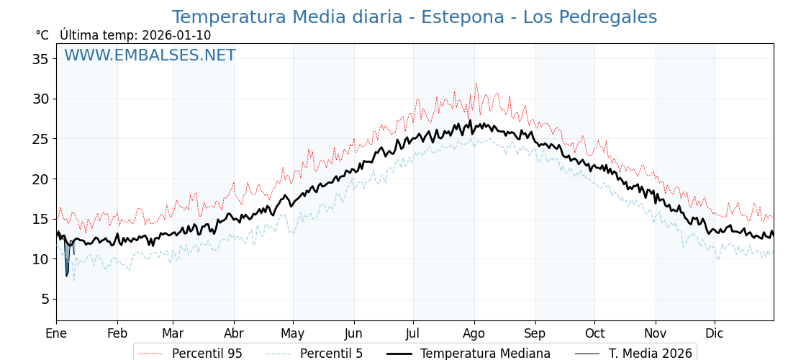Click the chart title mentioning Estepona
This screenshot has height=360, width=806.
point(414,17)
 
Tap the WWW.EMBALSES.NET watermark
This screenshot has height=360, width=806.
point(150,55)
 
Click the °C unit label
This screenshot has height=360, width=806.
point(42,35)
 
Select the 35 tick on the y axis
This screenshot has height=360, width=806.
point(40,59)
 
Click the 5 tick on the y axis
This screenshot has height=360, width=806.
point(45,299)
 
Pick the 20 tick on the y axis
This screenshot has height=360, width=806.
point(40,179)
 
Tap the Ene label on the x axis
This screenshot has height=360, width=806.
point(56,333)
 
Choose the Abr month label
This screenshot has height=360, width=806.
point(234,333)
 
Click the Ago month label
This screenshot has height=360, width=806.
point(474,333)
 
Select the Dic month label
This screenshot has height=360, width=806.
point(715,333)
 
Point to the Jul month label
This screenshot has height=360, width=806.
point(413,333)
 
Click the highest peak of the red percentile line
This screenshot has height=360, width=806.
point(476,84)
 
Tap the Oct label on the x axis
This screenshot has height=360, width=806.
point(594,333)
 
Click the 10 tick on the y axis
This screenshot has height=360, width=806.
point(40,259)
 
